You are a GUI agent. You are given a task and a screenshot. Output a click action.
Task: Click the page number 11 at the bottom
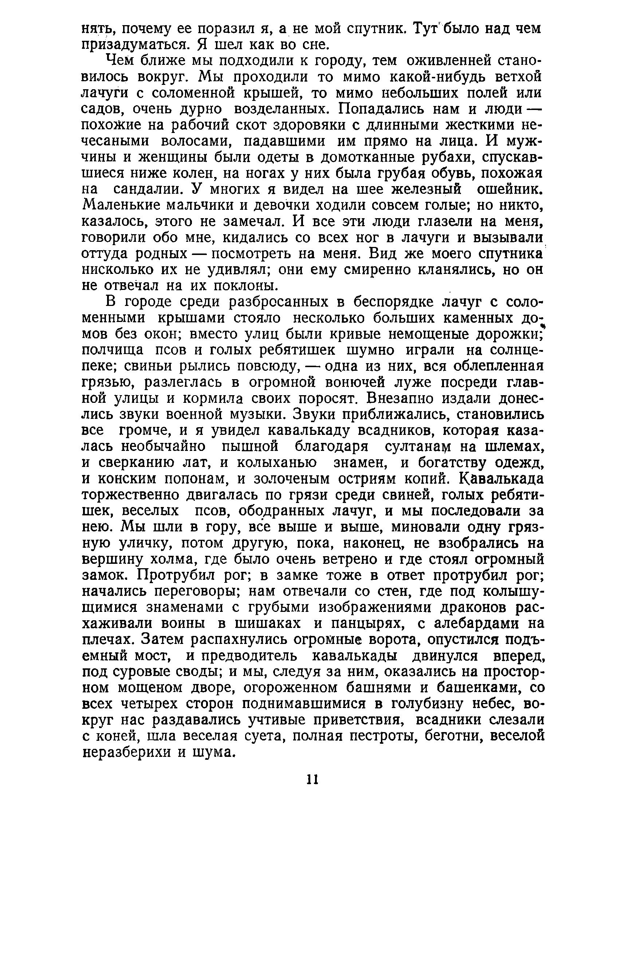coord(313,779)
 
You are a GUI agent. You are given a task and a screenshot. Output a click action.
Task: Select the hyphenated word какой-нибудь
coord(401,76)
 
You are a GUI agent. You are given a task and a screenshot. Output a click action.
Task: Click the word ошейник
coord(509,189)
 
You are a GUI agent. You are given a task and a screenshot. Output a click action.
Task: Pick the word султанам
coord(429,447)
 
